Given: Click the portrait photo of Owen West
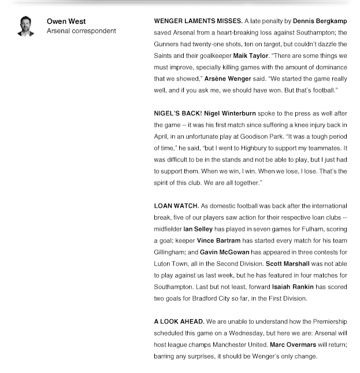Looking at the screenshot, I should pos(25,27).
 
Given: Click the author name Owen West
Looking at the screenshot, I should pos(66,22).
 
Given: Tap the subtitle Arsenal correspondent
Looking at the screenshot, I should pos(81,31).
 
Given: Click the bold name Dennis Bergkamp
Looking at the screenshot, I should pos(320,21).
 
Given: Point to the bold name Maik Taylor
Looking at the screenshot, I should pos(250,56).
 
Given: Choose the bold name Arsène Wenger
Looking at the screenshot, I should pos(227,79).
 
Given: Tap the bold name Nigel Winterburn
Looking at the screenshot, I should pos(230,114).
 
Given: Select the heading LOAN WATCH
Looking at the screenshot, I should pos(176,206).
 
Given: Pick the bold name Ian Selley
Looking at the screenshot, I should pos(198,230).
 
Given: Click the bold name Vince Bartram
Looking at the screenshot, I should pos(218,241).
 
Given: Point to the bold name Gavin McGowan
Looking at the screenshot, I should pos(225,253).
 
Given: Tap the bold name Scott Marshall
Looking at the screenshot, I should pos(287,264).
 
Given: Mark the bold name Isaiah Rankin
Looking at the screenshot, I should pos(292,287).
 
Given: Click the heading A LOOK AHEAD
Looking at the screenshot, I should pos(179,322).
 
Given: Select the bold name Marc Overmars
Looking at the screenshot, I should pos(292,345).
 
